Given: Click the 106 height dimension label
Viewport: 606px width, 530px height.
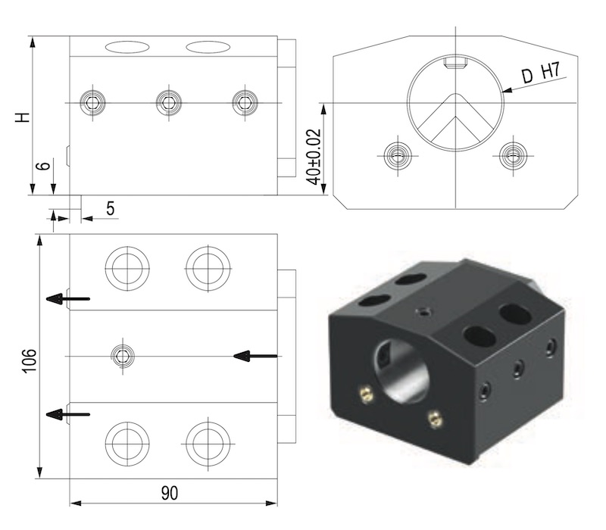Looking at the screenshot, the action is (x=30, y=361).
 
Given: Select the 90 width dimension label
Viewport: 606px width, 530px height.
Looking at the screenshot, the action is (x=170, y=494).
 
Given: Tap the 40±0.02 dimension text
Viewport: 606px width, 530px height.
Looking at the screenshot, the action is (x=313, y=157).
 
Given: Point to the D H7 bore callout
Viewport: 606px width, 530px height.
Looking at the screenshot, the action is (x=541, y=73).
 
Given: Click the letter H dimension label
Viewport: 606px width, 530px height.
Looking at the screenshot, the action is (x=23, y=117).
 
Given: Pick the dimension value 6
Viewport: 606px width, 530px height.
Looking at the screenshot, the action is (x=43, y=166).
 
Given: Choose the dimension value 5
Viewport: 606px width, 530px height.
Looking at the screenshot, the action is (x=111, y=209).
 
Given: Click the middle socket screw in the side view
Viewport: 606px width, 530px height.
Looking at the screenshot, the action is (x=168, y=103).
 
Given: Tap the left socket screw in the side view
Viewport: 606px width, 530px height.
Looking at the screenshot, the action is (x=92, y=103).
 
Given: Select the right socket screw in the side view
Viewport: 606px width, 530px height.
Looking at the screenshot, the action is (x=245, y=103).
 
